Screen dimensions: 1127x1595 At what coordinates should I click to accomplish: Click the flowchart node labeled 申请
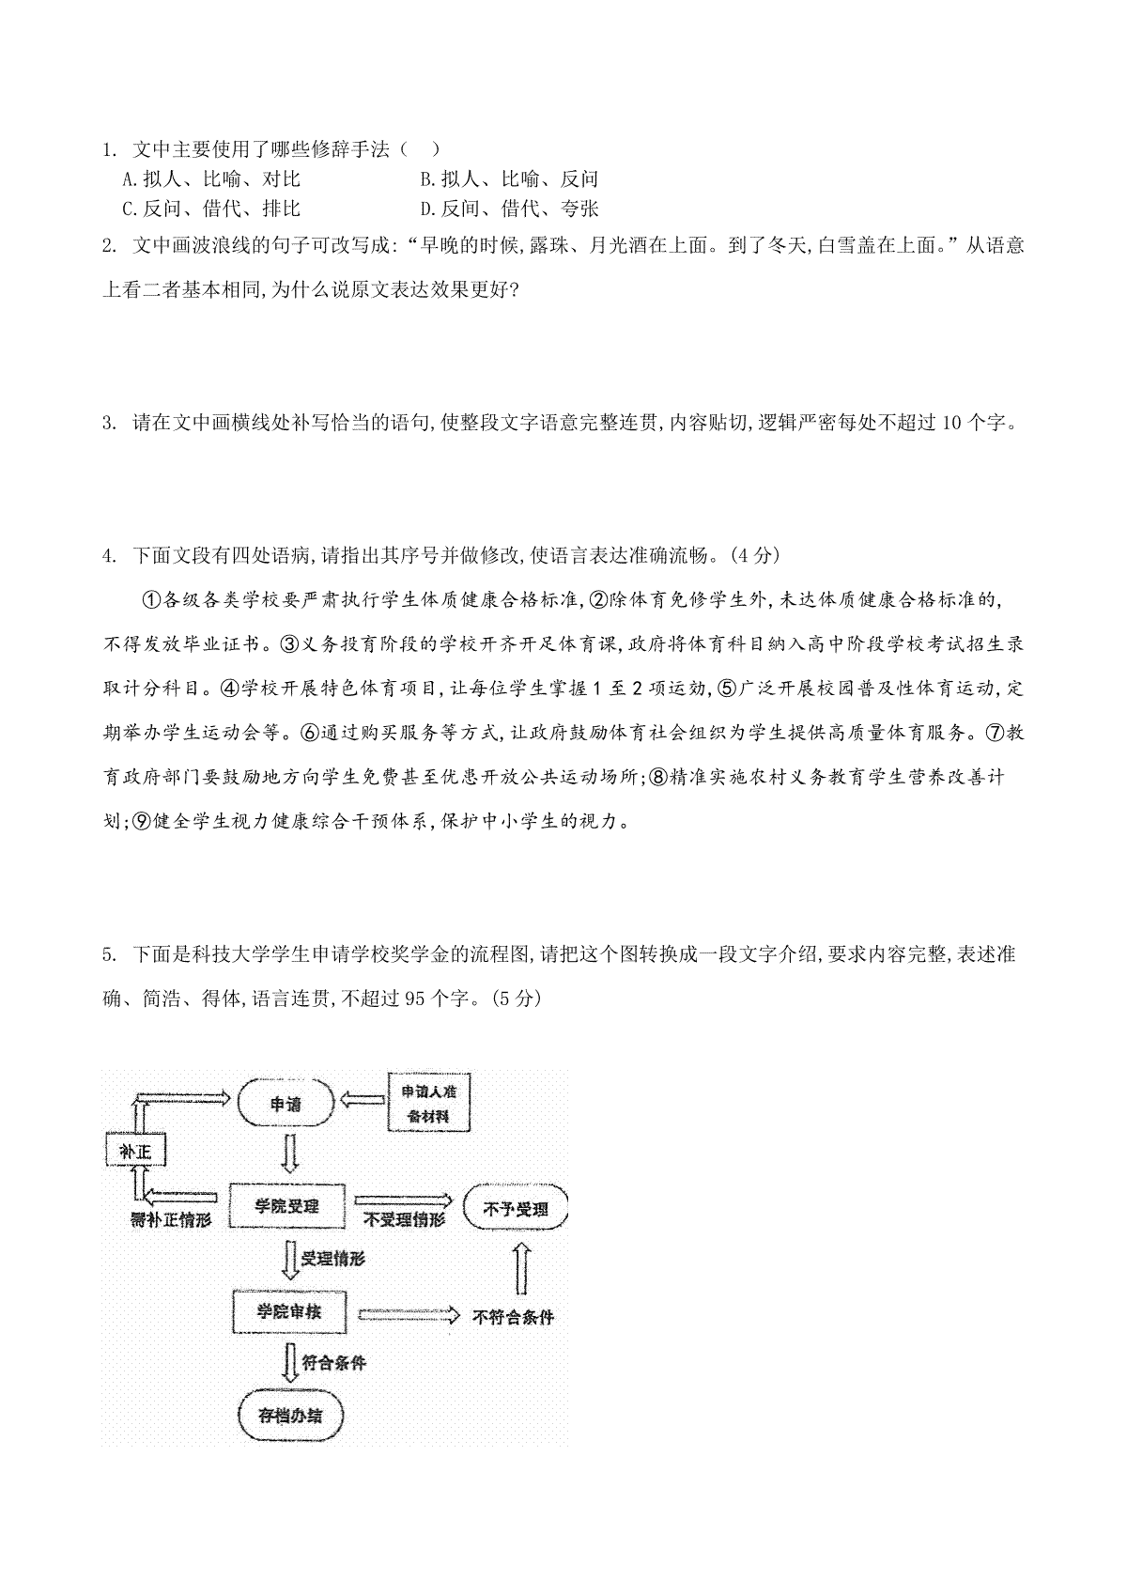tap(286, 1103)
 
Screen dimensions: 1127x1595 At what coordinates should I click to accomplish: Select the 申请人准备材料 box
tap(428, 1103)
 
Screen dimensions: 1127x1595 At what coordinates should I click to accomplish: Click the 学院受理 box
tap(286, 1206)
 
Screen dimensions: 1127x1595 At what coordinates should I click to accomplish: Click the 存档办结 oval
tap(290, 1416)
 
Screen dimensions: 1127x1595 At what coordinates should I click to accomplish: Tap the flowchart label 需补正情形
tap(171, 1220)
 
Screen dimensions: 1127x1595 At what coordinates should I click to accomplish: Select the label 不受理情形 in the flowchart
tap(404, 1220)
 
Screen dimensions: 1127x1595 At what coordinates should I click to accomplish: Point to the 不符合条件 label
tap(513, 1317)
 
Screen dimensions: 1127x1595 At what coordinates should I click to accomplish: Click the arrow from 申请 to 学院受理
tap(289, 1154)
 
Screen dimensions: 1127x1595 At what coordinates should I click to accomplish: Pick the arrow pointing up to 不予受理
tap(522, 1268)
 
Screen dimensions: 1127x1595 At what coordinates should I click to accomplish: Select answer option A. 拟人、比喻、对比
tap(211, 178)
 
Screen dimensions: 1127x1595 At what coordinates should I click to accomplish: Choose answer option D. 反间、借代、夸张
tap(509, 209)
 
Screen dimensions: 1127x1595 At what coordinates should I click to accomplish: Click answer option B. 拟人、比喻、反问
tap(509, 178)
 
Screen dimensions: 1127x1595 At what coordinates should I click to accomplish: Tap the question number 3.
tap(109, 423)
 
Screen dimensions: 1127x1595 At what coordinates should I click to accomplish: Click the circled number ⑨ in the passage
tap(143, 821)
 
